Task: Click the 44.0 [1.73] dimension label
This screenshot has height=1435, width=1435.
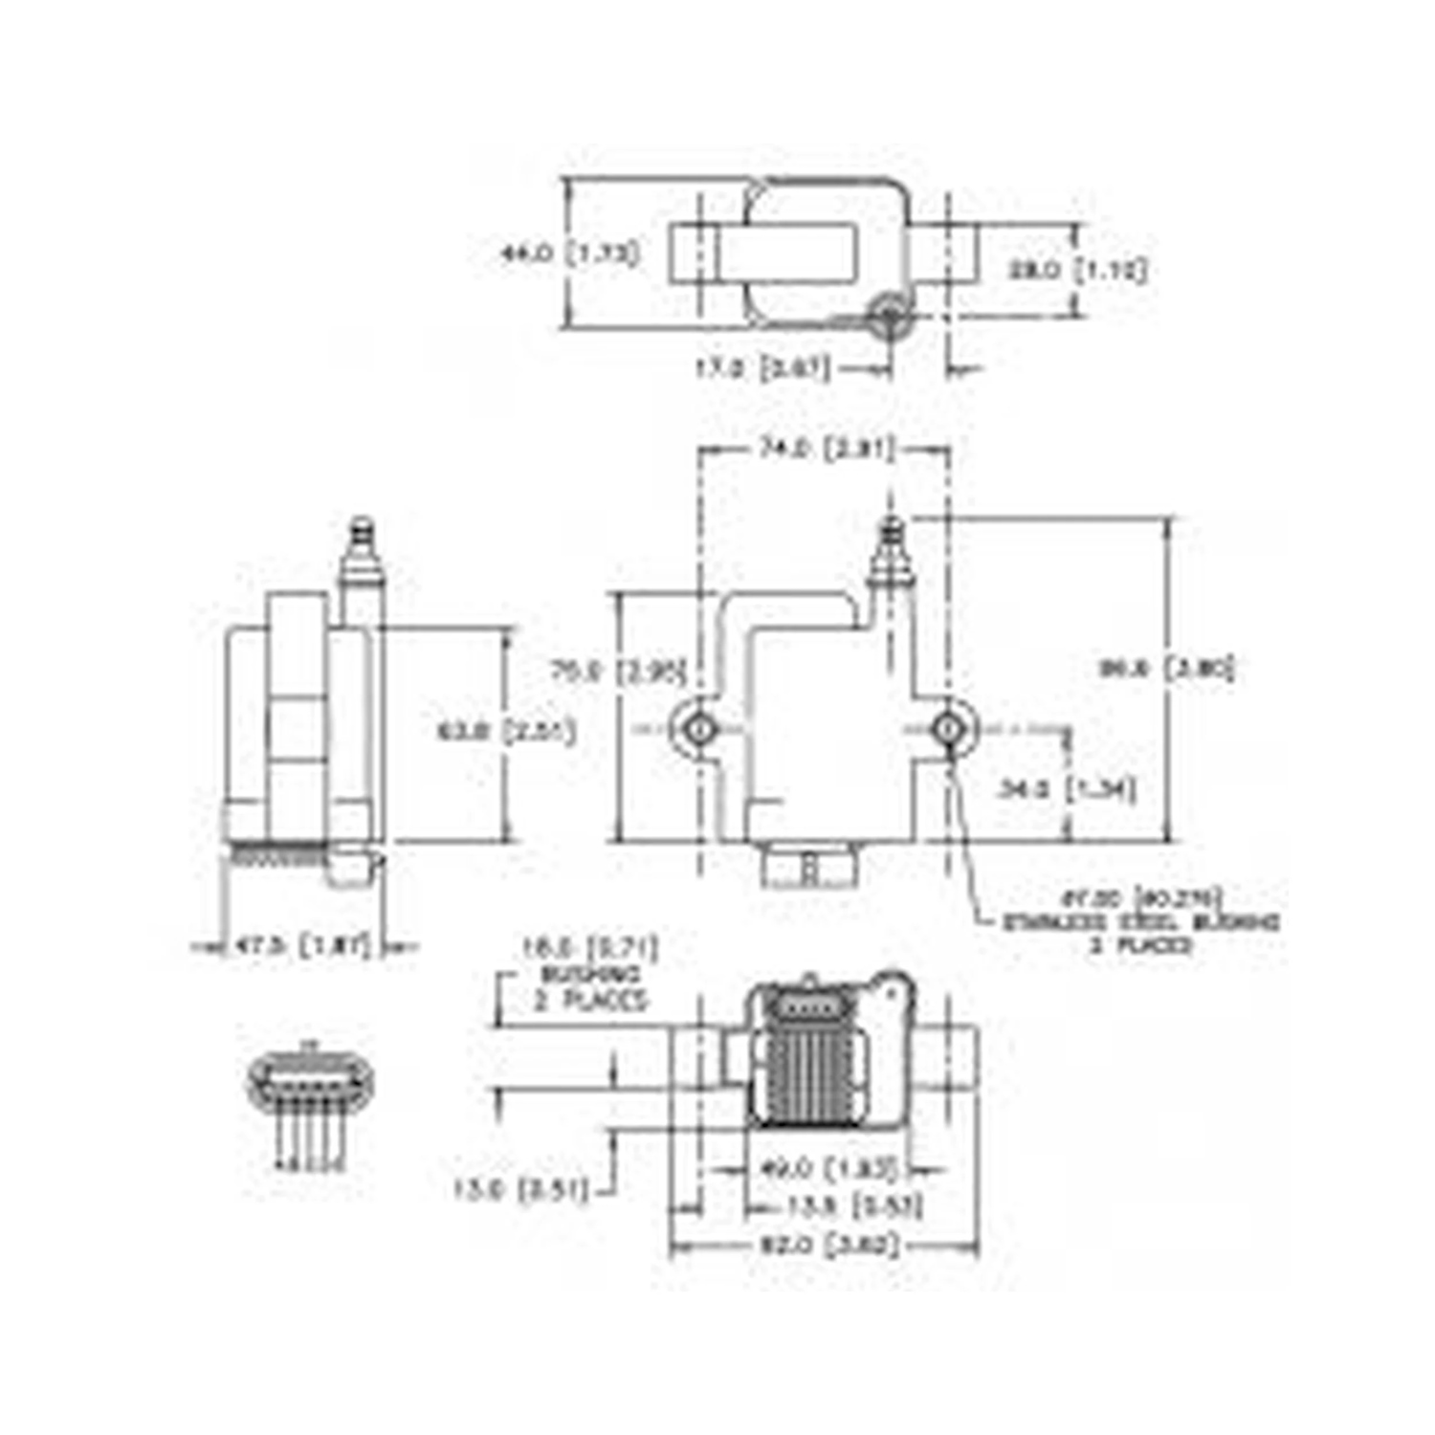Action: click(x=571, y=254)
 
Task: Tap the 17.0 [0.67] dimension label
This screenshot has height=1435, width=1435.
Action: click(x=762, y=368)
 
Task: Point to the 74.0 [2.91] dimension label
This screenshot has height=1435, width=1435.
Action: click(x=827, y=448)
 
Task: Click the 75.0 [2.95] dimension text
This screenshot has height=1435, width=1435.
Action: click(x=619, y=672)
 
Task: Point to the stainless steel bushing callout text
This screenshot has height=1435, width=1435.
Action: click(x=1140, y=922)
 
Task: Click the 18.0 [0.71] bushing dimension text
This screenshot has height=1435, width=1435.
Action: click(x=589, y=948)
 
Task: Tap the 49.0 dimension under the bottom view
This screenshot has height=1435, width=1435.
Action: click(x=828, y=1168)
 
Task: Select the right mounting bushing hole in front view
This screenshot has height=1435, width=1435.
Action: click(x=947, y=729)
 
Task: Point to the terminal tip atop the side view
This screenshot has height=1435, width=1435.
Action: click(x=363, y=529)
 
